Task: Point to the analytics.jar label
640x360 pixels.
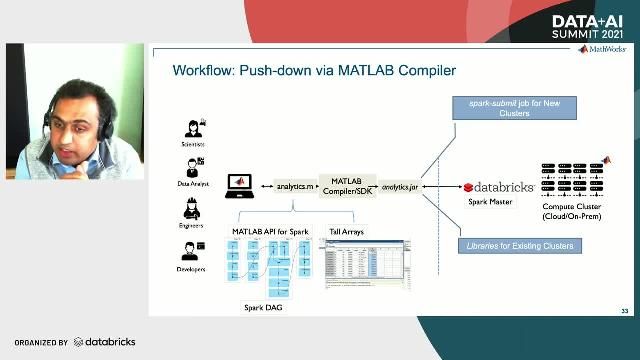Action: click(400, 186)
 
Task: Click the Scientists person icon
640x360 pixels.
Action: click(193, 130)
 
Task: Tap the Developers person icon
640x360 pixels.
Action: click(193, 251)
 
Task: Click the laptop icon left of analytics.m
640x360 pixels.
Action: click(241, 184)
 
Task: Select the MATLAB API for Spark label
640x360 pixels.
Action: click(266, 231)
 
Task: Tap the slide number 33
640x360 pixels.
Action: click(624, 309)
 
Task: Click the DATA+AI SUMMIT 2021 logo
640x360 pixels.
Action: click(594, 26)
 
